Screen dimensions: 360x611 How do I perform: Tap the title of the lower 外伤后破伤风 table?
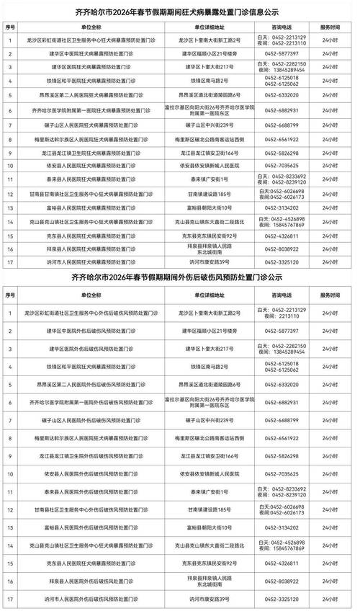(179, 277)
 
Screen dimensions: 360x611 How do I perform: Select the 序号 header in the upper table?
(10, 26)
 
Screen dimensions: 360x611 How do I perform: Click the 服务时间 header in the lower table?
(330, 294)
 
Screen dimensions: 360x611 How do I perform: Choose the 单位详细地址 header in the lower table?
(198, 294)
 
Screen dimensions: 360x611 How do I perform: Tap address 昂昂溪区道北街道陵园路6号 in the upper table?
(198, 94)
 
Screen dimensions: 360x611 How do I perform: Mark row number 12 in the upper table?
(10, 195)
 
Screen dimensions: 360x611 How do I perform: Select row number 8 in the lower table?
(10, 437)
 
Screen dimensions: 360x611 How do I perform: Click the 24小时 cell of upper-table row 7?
(330, 125)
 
